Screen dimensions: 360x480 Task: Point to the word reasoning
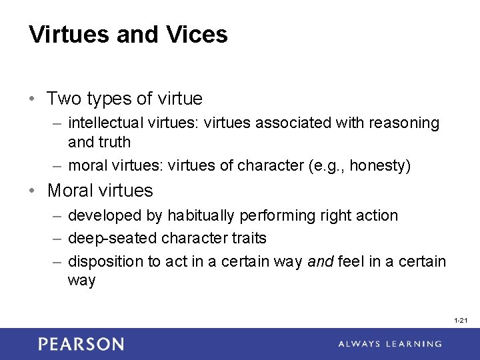click(407, 123)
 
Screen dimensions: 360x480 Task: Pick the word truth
click(114, 142)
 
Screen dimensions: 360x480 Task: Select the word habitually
click(199, 215)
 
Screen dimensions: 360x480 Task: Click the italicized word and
click(320, 261)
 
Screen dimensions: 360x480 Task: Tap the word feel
click(351, 261)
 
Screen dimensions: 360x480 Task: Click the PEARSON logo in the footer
click(81, 344)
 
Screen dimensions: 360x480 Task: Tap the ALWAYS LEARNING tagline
click(389, 344)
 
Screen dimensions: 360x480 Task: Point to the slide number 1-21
click(460, 321)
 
